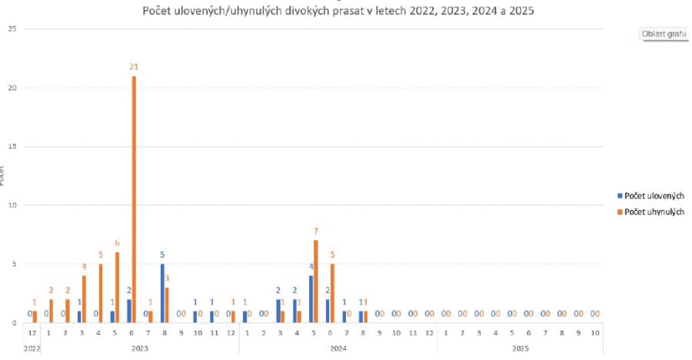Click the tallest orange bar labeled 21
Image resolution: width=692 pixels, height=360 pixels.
coord(134,200)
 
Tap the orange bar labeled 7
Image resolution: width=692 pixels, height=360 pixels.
coord(316,282)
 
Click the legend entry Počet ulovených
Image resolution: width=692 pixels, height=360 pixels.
coord(654,196)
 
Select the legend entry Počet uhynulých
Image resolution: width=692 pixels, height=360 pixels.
coord(654,212)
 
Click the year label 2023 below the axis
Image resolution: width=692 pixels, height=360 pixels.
coord(139,348)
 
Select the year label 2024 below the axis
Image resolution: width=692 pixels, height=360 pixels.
coord(338,348)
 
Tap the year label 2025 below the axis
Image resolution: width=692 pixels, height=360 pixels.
coord(521,348)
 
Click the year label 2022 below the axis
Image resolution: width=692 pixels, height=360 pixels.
coord(33,348)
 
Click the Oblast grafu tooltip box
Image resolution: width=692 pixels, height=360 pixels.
coord(664,35)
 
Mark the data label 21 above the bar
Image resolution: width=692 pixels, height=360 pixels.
coord(134,68)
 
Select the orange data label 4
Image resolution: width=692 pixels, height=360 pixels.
coord(85,266)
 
